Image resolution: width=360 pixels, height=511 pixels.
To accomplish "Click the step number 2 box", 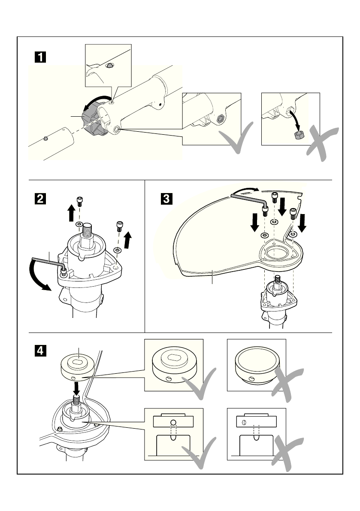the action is pyautogui.click(x=40, y=199).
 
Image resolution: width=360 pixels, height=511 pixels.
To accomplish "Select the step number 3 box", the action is pyautogui.click(x=166, y=199).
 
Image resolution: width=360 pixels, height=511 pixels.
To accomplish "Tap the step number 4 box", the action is pyautogui.click(x=40, y=351).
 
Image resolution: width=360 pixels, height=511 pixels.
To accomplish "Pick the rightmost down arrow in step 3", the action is pyautogui.click(x=303, y=223).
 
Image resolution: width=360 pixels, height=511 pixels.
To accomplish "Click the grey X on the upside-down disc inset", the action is pyautogui.click(x=287, y=384).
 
